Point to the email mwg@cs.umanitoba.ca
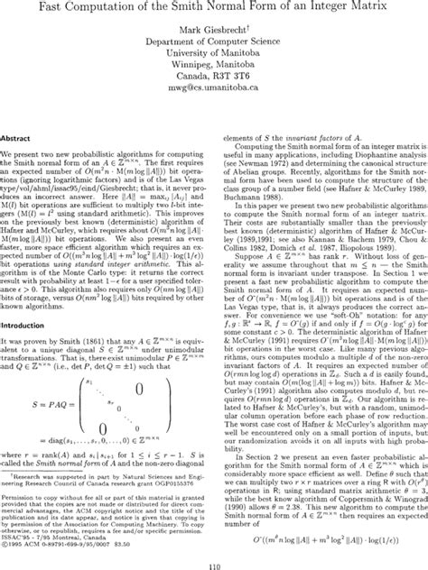[215, 99]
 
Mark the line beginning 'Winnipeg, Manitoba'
[215, 76]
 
